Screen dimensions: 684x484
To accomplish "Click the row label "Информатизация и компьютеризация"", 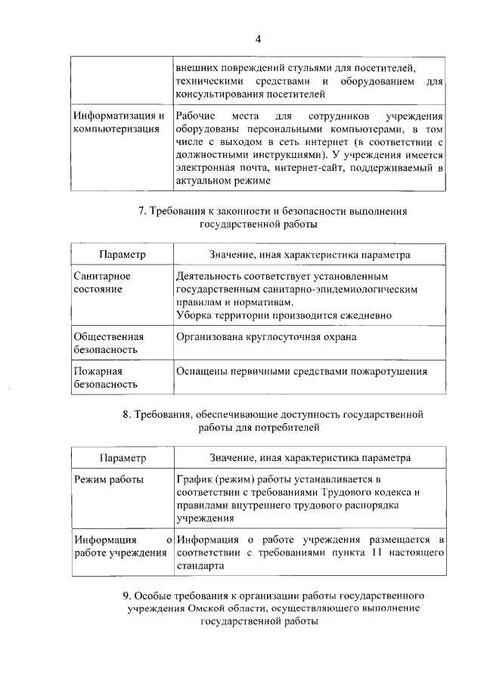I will (x=119, y=122).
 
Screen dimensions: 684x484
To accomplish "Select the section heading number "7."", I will (x=141, y=212).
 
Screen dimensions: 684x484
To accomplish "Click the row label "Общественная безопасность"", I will (x=109, y=343).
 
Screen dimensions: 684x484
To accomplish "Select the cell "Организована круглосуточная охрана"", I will (x=265, y=337).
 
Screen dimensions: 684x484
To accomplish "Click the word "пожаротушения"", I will (x=389, y=371).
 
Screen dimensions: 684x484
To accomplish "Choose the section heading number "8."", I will (x=126, y=414).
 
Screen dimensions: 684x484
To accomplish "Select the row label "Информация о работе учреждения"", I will (x=119, y=546).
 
